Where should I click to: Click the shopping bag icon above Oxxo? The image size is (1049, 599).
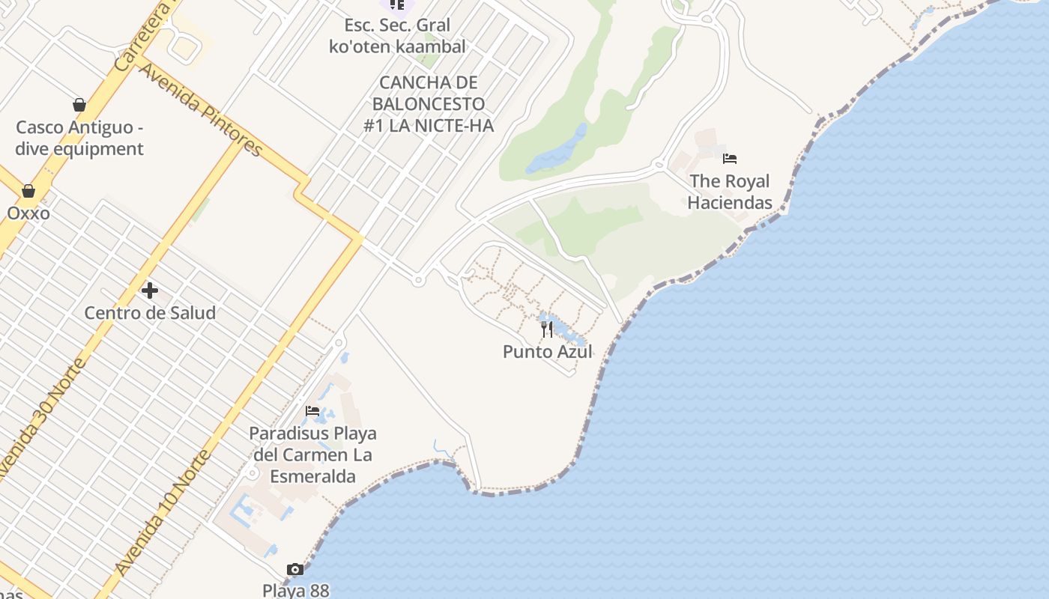click(x=28, y=191)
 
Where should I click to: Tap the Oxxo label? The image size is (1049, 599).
click(x=28, y=213)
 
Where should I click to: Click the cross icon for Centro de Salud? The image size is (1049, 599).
click(x=150, y=290)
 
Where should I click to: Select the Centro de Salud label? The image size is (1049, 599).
click(x=150, y=312)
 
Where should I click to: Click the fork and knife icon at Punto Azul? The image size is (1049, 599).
click(x=547, y=329)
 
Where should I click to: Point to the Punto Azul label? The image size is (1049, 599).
click(x=548, y=351)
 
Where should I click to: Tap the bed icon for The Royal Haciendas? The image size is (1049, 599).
click(x=730, y=159)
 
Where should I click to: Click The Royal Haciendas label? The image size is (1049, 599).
click(x=730, y=192)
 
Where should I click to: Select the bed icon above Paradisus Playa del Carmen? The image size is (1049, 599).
click(x=312, y=411)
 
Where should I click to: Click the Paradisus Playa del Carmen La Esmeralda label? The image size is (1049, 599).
click(x=312, y=454)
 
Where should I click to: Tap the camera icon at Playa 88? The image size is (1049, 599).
click(x=295, y=570)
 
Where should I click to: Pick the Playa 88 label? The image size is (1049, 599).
click(x=296, y=590)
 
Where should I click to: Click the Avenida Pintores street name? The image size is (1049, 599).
click(x=201, y=110)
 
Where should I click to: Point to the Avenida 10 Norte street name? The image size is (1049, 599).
click(x=163, y=512)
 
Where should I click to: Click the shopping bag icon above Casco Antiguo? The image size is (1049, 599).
click(x=79, y=105)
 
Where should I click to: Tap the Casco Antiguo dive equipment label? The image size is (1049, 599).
click(x=79, y=138)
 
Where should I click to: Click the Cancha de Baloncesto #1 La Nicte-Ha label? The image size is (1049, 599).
click(x=429, y=104)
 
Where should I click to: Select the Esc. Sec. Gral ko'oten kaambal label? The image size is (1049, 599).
click(x=397, y=35)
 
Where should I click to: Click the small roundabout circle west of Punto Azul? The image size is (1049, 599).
click(x=418, y=281)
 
